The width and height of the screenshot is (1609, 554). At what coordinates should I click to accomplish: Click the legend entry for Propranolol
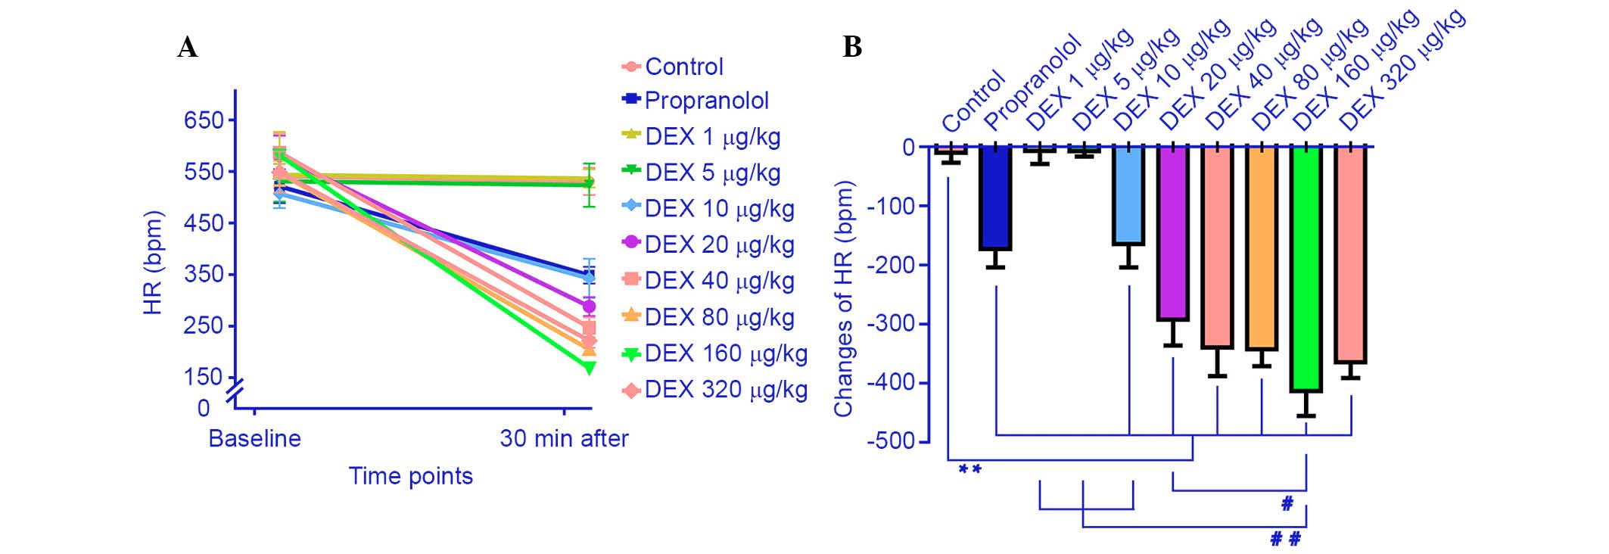(x=706, y=101)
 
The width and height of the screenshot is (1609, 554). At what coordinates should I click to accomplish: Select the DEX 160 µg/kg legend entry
(x=726, y=353)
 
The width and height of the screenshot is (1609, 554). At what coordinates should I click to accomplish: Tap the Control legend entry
(x=684, y=67)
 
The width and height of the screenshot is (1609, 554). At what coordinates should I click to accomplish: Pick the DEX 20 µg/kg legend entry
(x=719, y=244)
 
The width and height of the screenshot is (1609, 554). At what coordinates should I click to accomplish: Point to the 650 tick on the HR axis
(x=204, y=120)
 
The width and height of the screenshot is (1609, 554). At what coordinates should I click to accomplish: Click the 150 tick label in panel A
(x=204, y=377)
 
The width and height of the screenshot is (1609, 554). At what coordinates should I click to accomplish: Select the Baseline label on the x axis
(x=254, y=439)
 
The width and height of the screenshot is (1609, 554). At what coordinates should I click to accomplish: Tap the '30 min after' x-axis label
(x=564, y=439)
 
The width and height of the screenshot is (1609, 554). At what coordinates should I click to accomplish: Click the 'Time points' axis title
(x=410, y=476)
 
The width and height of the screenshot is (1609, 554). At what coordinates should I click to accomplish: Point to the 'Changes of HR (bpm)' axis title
(x=843, y=299)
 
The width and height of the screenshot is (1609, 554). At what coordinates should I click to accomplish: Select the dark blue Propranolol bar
(x=995, y=198)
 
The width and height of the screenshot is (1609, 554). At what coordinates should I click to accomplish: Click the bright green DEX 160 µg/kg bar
(x=1306, y=269)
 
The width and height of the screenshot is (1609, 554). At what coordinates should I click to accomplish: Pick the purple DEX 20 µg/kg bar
(x=1173, y=233)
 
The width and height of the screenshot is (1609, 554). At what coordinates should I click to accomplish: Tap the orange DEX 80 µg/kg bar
(x=1262, y=247)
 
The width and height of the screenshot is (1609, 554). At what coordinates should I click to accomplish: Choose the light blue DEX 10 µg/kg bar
(x=1128, y=195)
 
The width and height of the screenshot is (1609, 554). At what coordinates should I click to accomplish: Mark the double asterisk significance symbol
(x=969, y=470)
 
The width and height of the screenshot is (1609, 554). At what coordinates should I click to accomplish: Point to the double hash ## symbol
(x=1285, y=539)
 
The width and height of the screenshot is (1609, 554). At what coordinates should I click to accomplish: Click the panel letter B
(x=852, y=48)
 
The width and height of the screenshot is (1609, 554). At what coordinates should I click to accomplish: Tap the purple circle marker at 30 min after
(x=589, y=307)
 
